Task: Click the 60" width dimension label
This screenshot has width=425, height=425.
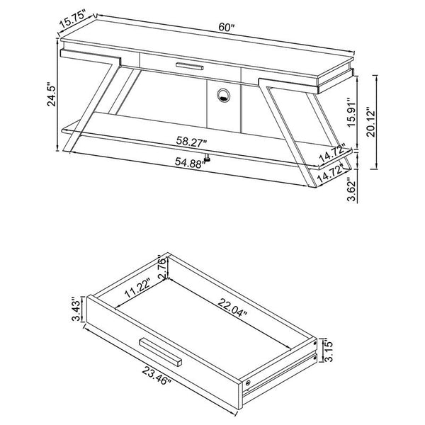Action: click(x=226, y=28)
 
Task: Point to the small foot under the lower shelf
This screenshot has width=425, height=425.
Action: click(x=209, y=158)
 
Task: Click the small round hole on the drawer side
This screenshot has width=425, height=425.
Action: click(x=250, y=383)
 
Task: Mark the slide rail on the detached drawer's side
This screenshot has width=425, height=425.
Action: click(x=283, y=368)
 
